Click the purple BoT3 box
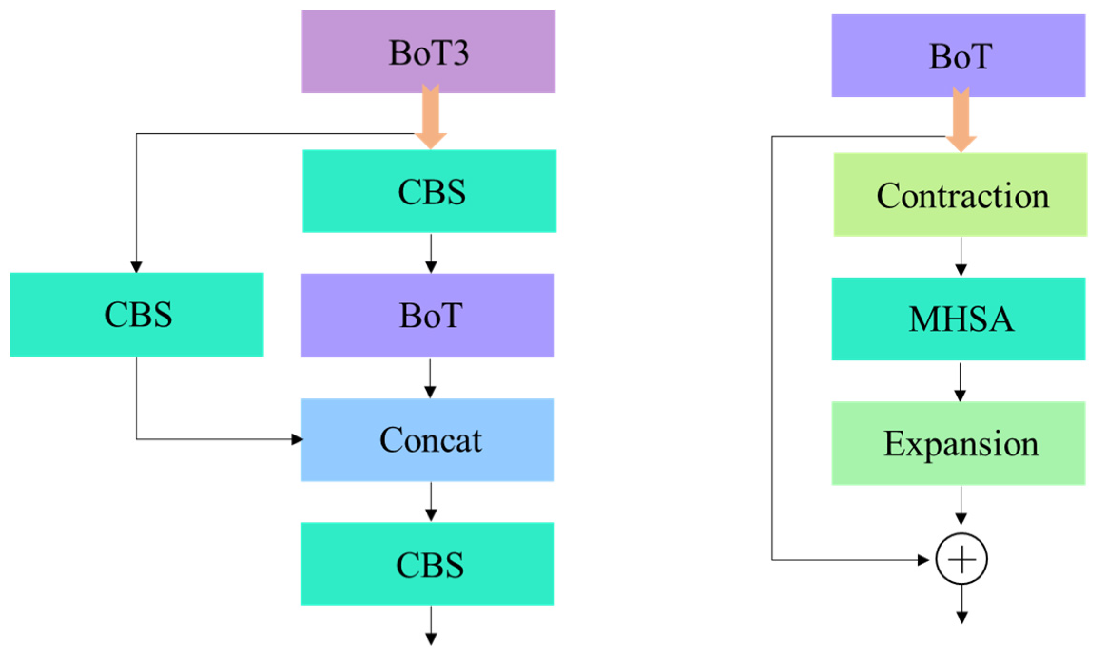click(x=428, y=51)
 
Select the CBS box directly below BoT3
click(x=429, y=191)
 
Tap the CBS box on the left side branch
click(x=136, y=314)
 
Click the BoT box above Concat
click(x=427, y=315)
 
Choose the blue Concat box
click(x=427, y=440)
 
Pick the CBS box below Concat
click(x=427, y=564)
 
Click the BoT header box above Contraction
click(x=958, y=55)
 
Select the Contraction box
click(x=960, y=194)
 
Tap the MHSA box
click(x=958, y=319)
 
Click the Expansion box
click(x=958, y=443)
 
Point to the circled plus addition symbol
click(x=961, y=559)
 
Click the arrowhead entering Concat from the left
click(x=297, y=439)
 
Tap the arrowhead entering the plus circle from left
click(x=923, y=560)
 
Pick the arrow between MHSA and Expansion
click(x=960, y=383)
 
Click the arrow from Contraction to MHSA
click(x=961, y=257)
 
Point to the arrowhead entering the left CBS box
click(x=136, y=267)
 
